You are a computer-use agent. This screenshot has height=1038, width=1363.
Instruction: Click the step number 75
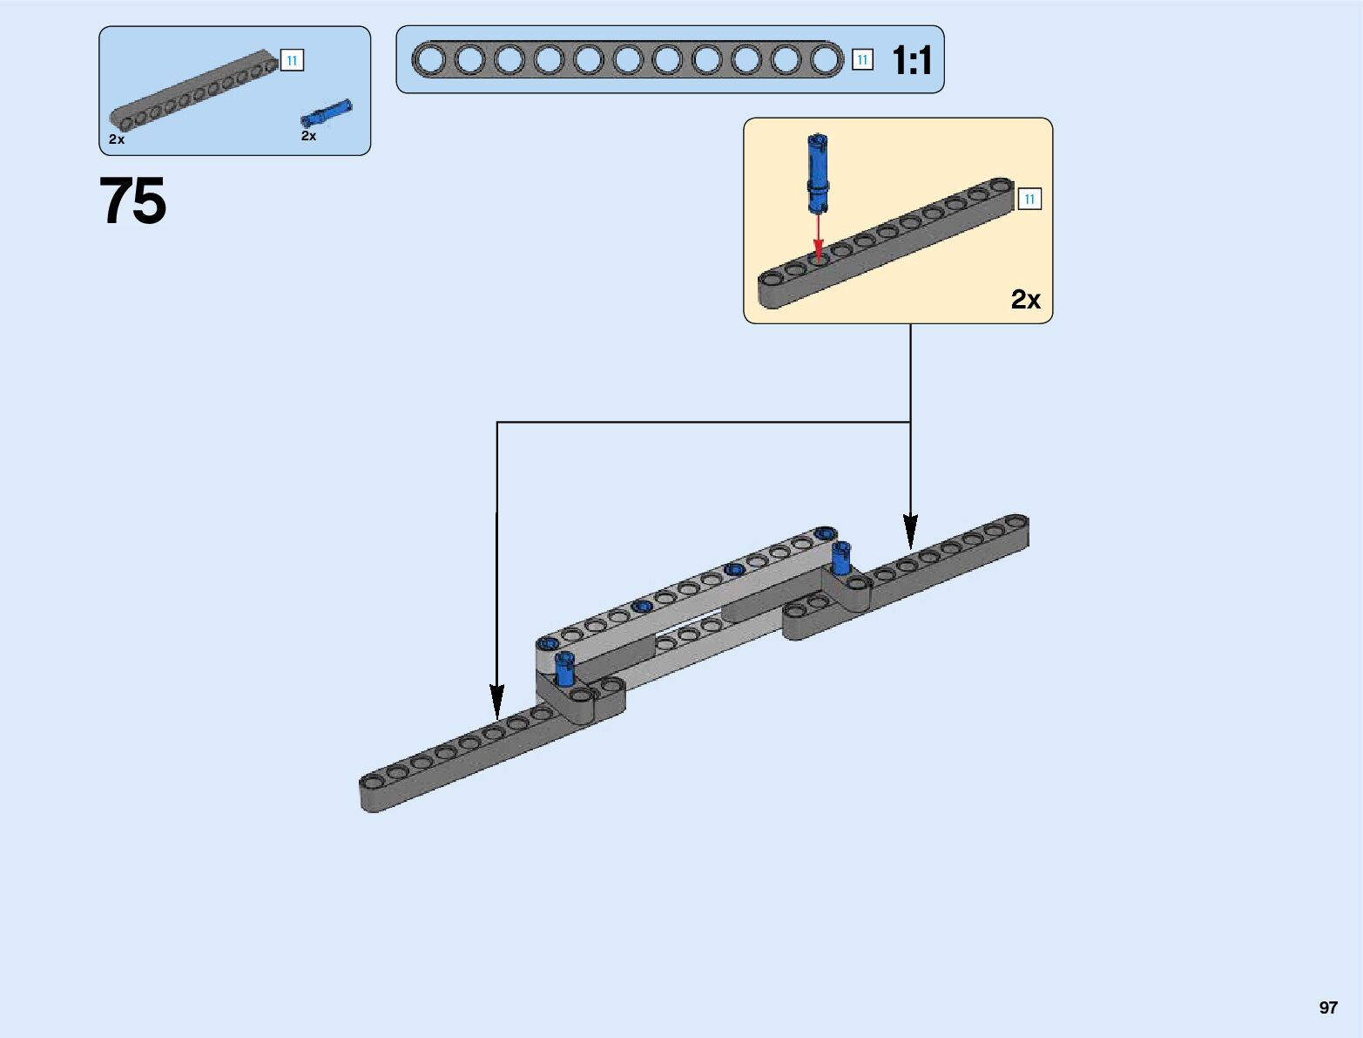coord(132,201)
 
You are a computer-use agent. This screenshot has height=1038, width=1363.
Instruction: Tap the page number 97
coord(1327,1007)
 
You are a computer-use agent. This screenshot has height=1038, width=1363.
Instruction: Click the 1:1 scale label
coord(912,60)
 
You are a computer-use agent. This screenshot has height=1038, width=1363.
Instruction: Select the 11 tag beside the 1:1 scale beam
coord(862,59)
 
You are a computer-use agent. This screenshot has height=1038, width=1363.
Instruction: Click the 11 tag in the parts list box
coord(292,60)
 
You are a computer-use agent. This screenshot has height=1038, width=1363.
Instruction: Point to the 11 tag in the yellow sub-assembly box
coord(1029,200)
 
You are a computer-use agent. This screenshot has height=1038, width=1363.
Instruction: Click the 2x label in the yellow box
coord(1025,299)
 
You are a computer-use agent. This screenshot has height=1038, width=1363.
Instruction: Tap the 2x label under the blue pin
coord(308,136)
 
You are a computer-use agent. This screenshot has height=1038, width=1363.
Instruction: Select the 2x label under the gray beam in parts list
coord(117,139)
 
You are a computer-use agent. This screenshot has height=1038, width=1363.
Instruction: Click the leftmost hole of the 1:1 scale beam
coord(429,60)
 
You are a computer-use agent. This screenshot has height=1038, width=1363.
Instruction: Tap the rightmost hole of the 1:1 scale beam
coord(826,60)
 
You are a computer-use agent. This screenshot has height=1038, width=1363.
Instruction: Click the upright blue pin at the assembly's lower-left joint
coord(565,669)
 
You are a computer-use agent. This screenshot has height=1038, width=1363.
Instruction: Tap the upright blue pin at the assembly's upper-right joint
coord(840,559)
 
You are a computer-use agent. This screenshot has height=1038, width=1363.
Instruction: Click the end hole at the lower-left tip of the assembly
coord(374,780)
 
